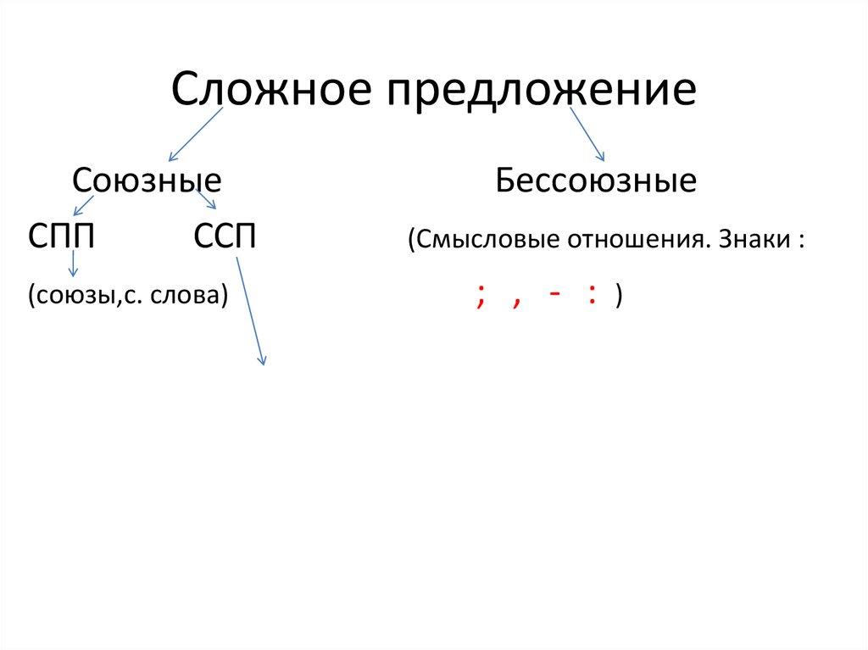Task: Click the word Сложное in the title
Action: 271,89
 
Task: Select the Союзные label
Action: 147,181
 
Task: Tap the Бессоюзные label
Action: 596,181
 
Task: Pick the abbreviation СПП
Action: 61,236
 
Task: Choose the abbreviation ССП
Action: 225,236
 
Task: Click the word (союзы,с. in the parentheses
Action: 85,295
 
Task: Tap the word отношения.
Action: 639,240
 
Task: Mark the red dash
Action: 554,293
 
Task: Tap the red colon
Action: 593,293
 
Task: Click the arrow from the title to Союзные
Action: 196,134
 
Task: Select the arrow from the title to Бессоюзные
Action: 587,134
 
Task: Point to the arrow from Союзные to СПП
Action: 83,205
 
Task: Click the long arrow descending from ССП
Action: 251,311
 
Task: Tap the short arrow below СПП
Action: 73,264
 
